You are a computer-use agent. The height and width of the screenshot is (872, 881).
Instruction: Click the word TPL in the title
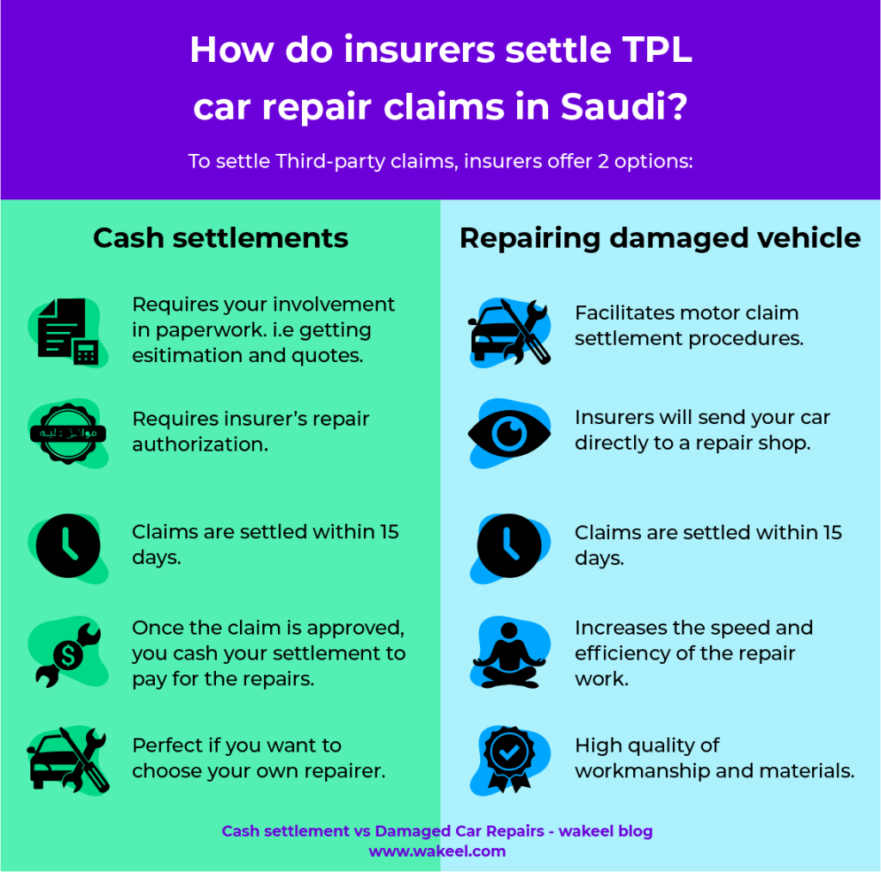click(x=656, y=50)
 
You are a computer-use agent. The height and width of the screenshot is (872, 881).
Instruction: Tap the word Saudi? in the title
click(x=624, y=106)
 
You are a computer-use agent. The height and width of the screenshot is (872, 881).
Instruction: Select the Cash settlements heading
click(x=220, y=238)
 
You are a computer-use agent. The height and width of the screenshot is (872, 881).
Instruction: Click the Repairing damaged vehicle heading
click(x=660, y=238)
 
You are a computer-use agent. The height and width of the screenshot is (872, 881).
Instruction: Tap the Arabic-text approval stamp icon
click(x=68, y=433)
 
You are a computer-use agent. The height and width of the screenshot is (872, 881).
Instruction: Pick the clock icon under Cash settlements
click(x=68, y=545)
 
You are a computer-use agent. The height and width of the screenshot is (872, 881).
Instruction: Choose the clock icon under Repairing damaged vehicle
click(x=509, y=545)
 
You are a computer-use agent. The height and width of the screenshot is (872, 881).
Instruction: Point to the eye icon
click(x=509, y=433)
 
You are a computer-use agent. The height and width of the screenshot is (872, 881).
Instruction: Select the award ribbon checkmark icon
click(x=509, y=759)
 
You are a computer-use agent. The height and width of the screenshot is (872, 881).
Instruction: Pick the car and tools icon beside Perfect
click(x=68, y=760)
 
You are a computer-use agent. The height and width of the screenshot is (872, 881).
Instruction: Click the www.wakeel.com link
click(x=437, y=851)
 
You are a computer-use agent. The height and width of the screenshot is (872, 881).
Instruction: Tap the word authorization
click(x=200, y=445)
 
